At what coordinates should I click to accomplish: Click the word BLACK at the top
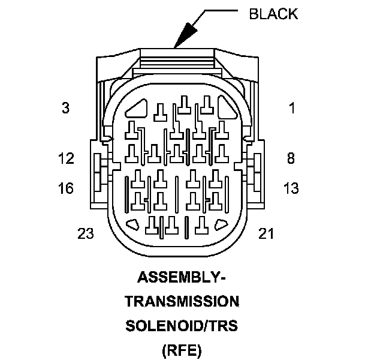[x=273, y=14]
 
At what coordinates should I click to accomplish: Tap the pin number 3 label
[x=65, y=109]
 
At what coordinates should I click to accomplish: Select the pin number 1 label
[x=292, y=109]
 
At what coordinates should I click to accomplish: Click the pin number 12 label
[x=66, y=158]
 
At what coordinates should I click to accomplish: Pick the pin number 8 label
[x=291, y=158]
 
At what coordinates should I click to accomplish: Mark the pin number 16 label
[x=66, y=188]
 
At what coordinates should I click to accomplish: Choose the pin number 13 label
[x=291, y=188]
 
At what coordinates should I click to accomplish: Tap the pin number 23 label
[x=86, y=233]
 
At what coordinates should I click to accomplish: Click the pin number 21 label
[x=266, y=233]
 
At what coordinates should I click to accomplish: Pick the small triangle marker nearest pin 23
[x=135, y=226]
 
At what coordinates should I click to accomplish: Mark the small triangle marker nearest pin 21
[x=220, y=226]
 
